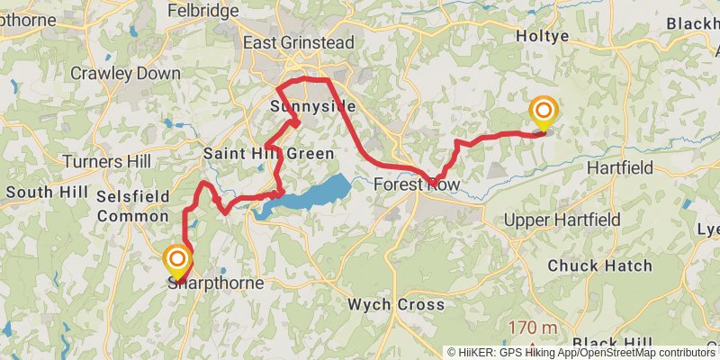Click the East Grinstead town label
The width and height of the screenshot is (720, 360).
click(x=299, y=42)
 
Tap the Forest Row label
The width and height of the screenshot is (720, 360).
click(x=416, y=185)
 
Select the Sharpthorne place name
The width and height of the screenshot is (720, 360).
click(x=216, y=283)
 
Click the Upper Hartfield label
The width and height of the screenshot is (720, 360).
click(x=562, y=220)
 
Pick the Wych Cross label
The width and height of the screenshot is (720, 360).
click(x=396, y=304)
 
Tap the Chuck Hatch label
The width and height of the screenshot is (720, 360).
click(x=587, y=265)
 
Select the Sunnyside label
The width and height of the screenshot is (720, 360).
click(x=312, y=107)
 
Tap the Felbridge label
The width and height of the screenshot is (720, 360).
click(x=203, y=11)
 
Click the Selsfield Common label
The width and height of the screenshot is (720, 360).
click(x=133, y=205)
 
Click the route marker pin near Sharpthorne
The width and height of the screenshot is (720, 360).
click(x=178, y=262)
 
